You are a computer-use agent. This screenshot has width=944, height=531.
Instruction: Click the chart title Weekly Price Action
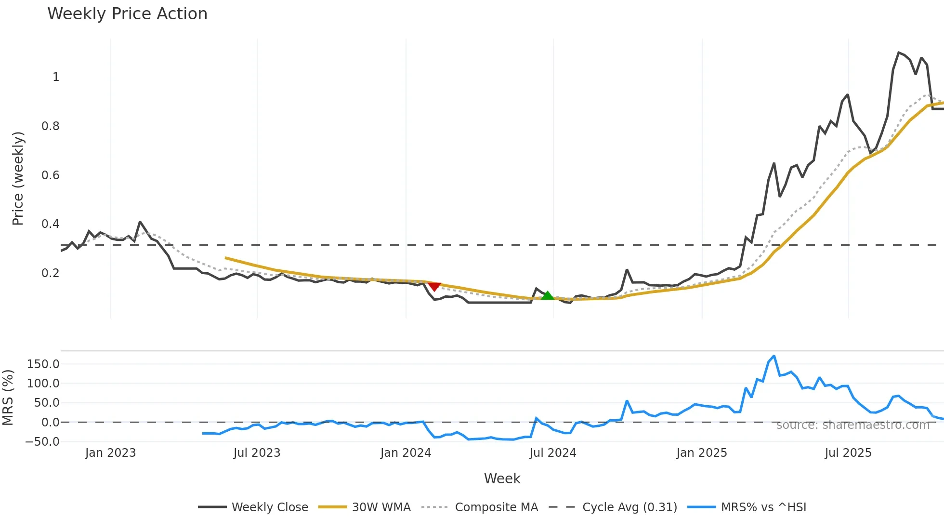tap(127, 14)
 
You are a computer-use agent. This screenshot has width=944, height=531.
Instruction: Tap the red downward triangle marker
tap(434, 287)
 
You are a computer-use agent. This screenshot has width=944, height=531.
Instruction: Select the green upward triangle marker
tap(547, 295)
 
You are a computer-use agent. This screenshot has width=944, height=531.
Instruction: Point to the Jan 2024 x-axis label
tap(406, 453)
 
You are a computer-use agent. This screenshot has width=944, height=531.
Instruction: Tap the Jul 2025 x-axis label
tap(848, 453)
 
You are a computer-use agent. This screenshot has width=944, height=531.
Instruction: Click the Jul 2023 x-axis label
tap(257, 453)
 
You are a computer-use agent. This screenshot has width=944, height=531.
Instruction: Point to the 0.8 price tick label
tap(51, 126)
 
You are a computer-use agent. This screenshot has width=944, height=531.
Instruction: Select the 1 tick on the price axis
tap(56, 77)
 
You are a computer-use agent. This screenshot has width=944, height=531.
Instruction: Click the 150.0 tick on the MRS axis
tap(43, 364)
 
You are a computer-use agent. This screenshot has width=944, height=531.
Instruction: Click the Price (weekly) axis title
tap(18, 178)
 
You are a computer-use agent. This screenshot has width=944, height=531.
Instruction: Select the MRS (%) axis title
tap(8, 398)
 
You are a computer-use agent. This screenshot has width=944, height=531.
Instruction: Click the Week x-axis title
tap(502, 478)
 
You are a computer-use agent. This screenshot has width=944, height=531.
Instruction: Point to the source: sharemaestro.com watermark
tap(852, 425)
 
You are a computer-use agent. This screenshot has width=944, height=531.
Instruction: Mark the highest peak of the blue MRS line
tap(774, 356)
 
